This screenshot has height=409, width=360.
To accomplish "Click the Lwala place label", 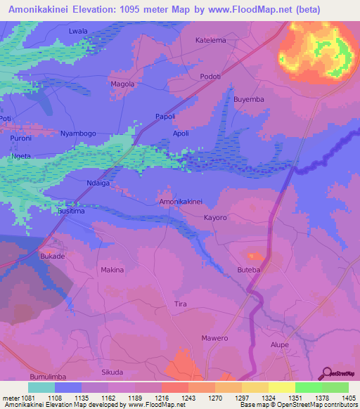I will (78, 32).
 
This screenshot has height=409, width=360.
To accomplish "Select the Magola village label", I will (122, 84).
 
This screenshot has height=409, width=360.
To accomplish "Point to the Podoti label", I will (210, 77).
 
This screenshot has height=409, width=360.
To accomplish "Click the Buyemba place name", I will (249, 99).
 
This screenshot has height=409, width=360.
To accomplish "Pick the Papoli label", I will (165, 117).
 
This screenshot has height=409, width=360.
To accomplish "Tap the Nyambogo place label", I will (78, 133).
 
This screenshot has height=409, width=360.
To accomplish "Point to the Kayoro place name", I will (215, 218).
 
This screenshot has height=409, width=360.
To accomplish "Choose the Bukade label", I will (53, 256).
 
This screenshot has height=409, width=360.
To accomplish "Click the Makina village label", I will (112, 270).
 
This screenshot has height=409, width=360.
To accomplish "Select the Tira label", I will (180, 304).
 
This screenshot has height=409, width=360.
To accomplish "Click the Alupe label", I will (281, 345).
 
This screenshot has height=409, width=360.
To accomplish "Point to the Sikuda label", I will (112, 372).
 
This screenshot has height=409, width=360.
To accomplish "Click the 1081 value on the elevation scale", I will (28, 398).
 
